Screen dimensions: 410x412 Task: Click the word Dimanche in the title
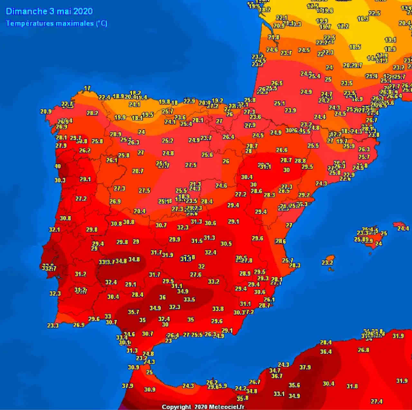[x=27, y=11]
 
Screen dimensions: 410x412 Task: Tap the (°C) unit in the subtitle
[x=101, y=24]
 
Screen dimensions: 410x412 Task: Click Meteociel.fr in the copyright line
[x=226, y=407]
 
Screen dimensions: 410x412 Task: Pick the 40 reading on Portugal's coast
[x=58, y=166]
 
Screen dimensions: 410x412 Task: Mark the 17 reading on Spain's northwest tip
[x=87, y=88]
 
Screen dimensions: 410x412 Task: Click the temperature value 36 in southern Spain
[x=163, y=297]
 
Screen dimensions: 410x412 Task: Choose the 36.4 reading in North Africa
[x=326, y=352]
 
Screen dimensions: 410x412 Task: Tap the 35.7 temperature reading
[x=133, y=312]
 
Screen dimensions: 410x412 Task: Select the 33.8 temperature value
[x=218, y=309]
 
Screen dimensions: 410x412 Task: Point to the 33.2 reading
[x=213, y=282]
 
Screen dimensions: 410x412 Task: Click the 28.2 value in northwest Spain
[x=92, y=113]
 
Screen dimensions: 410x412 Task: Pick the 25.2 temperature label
[x=168, y=141]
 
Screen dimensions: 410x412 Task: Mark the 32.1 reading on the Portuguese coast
[x=54, y=230]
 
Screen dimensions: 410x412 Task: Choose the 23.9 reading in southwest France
[x=290, y=110]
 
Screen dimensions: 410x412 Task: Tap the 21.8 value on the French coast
[x=274, y=37]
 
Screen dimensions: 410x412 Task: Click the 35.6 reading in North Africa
[x=294, y=385]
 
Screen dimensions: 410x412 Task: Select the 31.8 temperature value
[x=352, y=386]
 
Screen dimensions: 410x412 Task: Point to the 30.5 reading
[x=226, y=244]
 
